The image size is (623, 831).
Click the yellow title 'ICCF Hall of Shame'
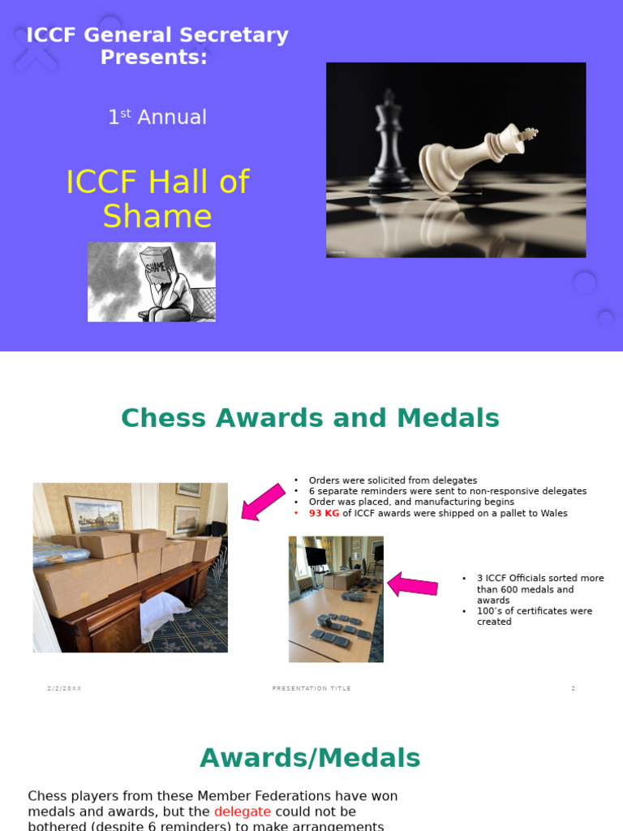tap(157, 199)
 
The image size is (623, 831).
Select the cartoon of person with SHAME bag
tap(152, 282)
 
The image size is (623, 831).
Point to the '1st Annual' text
tap(157, 117)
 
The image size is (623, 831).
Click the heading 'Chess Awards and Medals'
tap(311, 418)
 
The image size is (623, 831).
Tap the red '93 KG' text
tap(324, 513)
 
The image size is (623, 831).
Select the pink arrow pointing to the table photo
tap(413, 583)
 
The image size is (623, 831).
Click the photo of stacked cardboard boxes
tap(130, 567)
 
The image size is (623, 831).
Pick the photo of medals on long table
tap(336, 599)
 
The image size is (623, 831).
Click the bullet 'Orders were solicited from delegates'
tap(393, 480)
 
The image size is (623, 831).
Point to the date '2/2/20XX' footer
tap(64, 688)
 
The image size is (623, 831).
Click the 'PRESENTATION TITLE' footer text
tap(311, 688)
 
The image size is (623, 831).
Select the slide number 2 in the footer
tap(573, 688)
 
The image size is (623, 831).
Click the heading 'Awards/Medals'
tap(311, 758)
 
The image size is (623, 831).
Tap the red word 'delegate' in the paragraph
tap(243, 812)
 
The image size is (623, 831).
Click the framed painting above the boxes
tap(95, 514)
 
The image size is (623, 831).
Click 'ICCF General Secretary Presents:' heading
tap(157, 46)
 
